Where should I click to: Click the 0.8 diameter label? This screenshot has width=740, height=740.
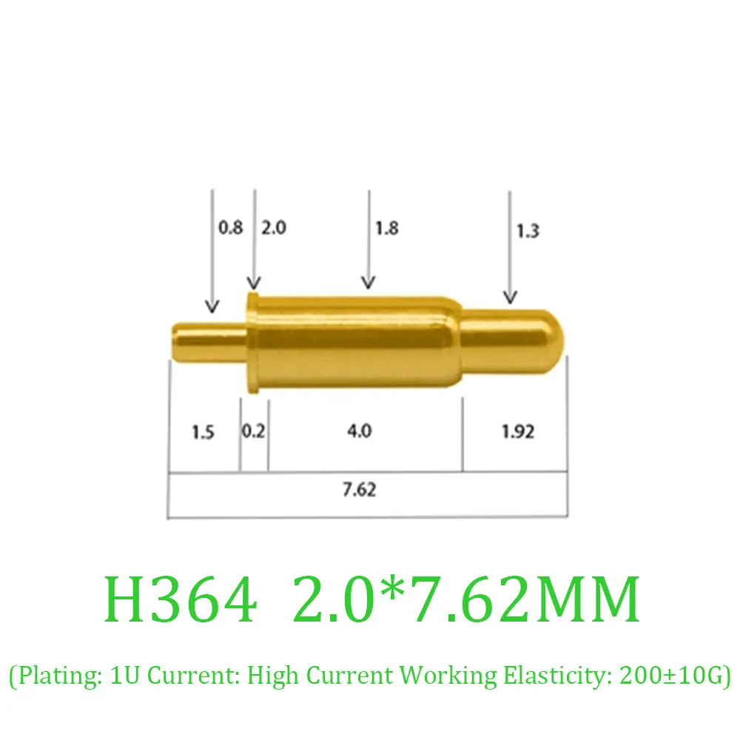[x=230, y=228]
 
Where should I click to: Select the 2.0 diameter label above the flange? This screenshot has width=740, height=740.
[x=273, y=228]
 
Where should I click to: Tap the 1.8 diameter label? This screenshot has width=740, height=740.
[x=386, y=228]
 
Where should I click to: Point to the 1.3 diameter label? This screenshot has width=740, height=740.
[x=528, y=231]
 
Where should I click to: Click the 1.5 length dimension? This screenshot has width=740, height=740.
[x=202, y=431]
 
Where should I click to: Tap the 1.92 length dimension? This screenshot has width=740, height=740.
[x=517, y=431]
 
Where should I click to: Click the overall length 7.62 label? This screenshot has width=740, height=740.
[x=360, y=489]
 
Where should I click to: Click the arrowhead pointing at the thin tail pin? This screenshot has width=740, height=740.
[x=212, y=306]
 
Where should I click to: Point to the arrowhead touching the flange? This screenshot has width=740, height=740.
[x=254, y=283]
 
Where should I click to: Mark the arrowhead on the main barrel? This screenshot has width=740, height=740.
[x=368, y=282]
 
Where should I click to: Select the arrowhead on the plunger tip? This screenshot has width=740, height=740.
[x=509, y=297]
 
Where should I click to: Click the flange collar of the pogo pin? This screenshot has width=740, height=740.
[x=253, y=342]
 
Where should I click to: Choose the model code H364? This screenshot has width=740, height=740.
[x=182, y=600]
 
